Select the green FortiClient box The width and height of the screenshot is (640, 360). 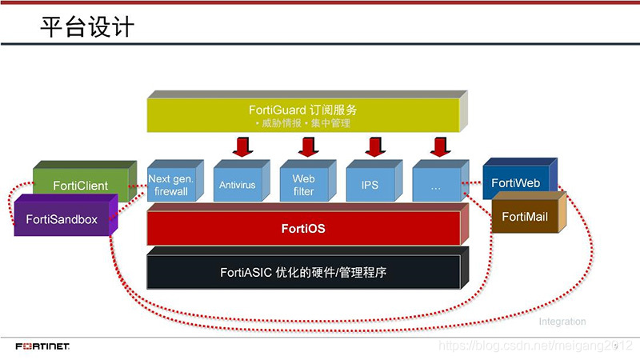pyautogui.click(x=81, y=186)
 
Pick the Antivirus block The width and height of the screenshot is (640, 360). pyautogui.click(x=237, y=185)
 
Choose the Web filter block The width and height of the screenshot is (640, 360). pyautogui.click(x=303, y=185)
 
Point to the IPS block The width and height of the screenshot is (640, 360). pyautogui.click(x=370, y=185)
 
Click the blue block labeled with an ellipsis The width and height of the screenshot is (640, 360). pyautogui.click(x=436, y=185)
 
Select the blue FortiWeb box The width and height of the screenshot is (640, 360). pyautogui.click(x=516, y=182)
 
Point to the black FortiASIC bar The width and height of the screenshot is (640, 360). pyautogui.click(x=303, y=273)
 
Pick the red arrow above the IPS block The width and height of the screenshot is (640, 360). pyautogui.click(x=372, y=147)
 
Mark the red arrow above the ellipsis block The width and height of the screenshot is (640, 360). pyautogui.click(x=438, y=147)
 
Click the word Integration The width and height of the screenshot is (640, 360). pyautogui.click(x=562, y=322)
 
